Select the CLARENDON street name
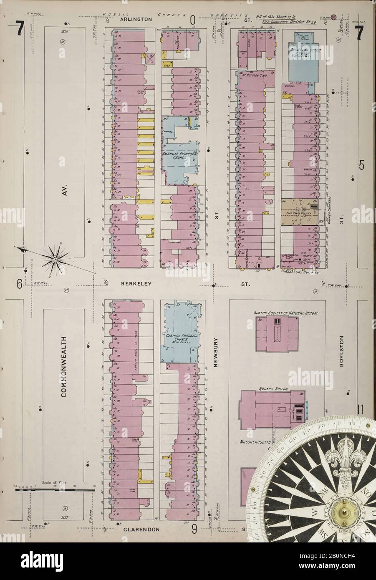[142, 529]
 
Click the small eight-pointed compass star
[55, 259]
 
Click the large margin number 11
[361, 408]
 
